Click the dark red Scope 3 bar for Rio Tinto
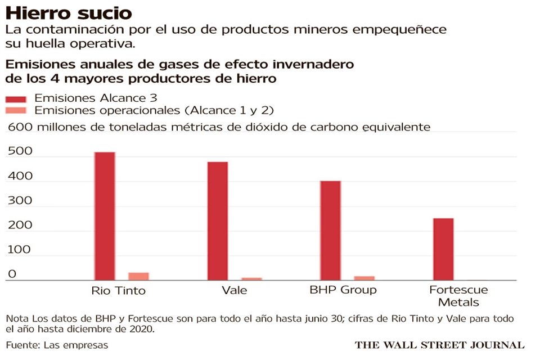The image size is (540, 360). (x=105, y=216)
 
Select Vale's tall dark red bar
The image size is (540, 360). (x=218, y=220)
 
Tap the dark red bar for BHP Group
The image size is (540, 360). (x=331, y=230)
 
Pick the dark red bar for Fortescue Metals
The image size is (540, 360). (x=443, y=249)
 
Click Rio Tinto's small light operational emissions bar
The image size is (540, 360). (x=138, y=276)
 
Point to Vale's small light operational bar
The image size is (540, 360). (x=251, y=278)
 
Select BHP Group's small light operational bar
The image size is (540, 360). (x=364, y=278)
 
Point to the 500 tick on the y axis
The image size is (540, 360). (x=20, y=152)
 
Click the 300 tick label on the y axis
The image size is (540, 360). (x=20, y=201)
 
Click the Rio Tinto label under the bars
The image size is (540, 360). (x=118, y=291)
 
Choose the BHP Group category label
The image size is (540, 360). (x=343, y=290)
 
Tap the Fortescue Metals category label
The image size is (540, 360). (x=458, y=296)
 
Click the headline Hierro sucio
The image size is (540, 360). (x=69, y=12)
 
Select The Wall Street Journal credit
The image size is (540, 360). (x=439, y=345)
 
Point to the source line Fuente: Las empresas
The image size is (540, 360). (x=57, y=344)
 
